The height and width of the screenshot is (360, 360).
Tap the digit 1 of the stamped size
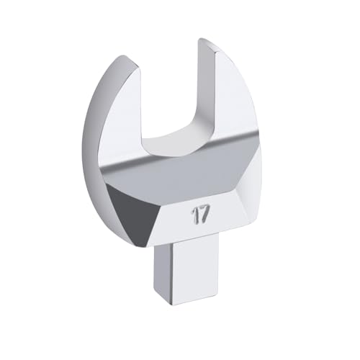(x=194, y=215)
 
